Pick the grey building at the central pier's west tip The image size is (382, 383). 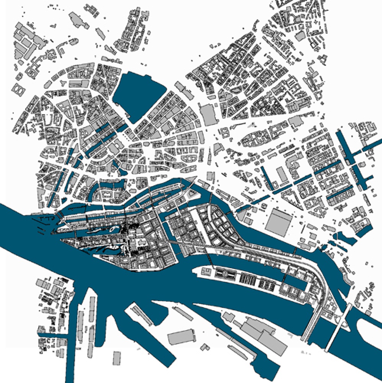pos(205,272)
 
